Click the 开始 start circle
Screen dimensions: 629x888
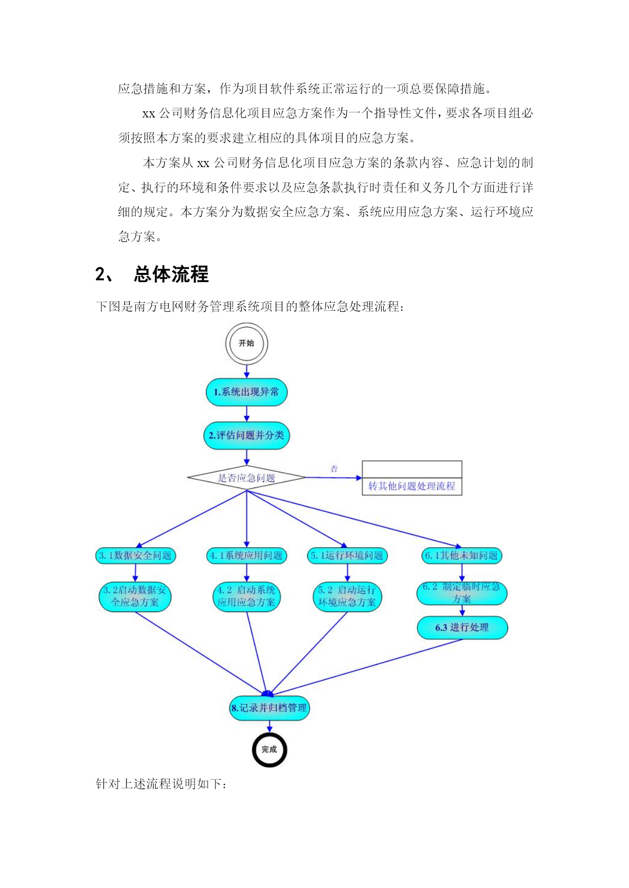point(246,344)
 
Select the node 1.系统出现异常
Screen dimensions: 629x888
point(246,392)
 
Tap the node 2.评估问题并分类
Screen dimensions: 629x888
point(246,435)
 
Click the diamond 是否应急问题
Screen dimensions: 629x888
point(246,477)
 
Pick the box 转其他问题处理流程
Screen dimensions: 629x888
point(412,478)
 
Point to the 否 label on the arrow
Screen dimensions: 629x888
point(334,469)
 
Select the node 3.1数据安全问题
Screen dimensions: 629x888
point(135,555)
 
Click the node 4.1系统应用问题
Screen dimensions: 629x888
point(247,555)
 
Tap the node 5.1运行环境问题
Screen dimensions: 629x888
point(347,555)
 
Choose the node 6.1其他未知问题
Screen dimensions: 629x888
point(462,555)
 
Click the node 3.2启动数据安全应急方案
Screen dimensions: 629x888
point(135,596)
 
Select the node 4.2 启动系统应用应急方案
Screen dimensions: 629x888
point(246,596)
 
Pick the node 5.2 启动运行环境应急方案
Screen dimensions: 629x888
point(347,596)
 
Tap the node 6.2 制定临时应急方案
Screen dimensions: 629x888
point(462,593)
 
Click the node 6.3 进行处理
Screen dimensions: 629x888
point(462,628)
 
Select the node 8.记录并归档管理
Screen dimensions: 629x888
point(269,708)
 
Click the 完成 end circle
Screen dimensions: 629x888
point(269,750)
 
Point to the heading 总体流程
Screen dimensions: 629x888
point(171,274)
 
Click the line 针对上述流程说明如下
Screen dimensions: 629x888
point(162,784)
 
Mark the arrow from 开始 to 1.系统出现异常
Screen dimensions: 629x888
point(246,372)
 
